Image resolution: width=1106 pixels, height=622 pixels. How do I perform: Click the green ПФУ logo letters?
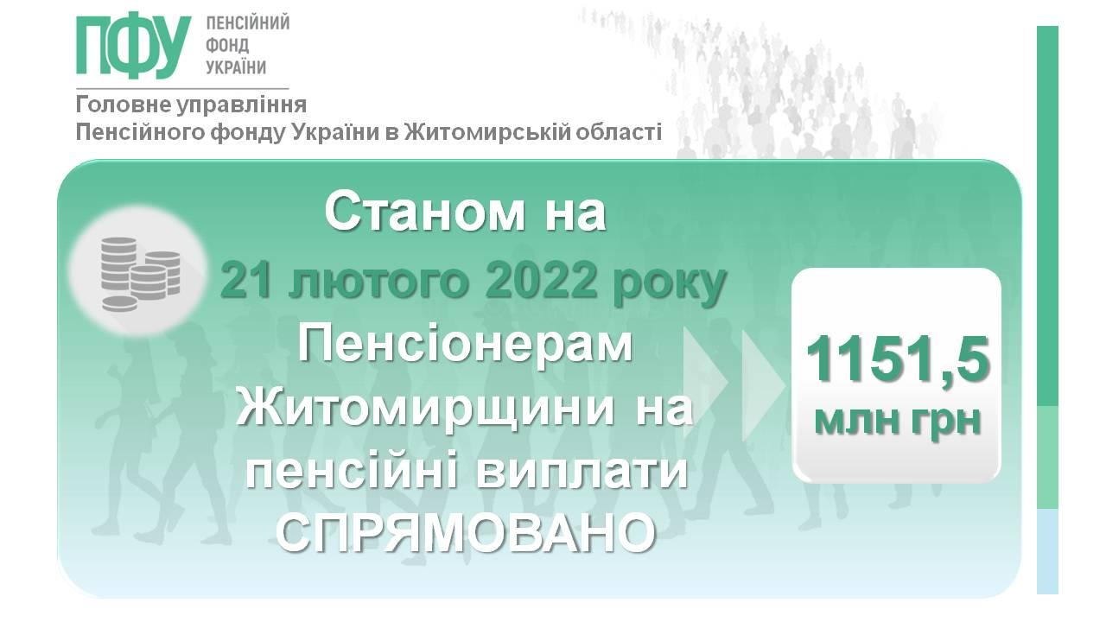coord(133,46)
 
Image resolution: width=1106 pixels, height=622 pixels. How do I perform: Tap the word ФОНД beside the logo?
coord(227,46)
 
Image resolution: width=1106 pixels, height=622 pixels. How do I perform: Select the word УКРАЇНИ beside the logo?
coord(236,67)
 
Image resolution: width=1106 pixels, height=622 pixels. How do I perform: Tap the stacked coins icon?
coord(140,274)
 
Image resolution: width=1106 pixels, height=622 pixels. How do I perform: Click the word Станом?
coord(424,213)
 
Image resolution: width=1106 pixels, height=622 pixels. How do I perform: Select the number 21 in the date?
coord(247,282)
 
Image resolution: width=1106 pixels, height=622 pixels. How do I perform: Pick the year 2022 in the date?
coord(541,282)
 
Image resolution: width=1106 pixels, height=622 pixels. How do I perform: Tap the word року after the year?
coord(669,285)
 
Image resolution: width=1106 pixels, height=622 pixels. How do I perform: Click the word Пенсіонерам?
coord(465,346)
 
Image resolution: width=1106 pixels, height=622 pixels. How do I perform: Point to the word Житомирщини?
coord(425,409)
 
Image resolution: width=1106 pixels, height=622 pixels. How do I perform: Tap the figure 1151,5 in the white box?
coord(898,359)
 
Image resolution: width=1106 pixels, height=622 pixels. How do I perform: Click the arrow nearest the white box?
coord(762,385)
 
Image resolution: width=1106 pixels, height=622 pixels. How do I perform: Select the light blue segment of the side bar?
coord(1047,551)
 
